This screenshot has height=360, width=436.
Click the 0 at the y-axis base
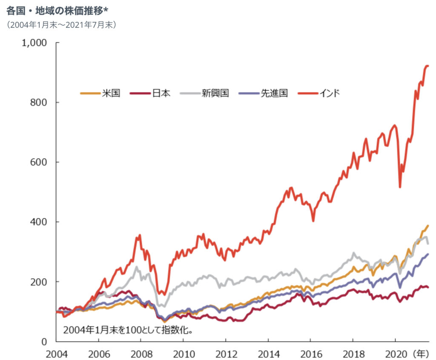tap(44, 341)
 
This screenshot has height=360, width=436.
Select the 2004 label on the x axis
tap(56, 353)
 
